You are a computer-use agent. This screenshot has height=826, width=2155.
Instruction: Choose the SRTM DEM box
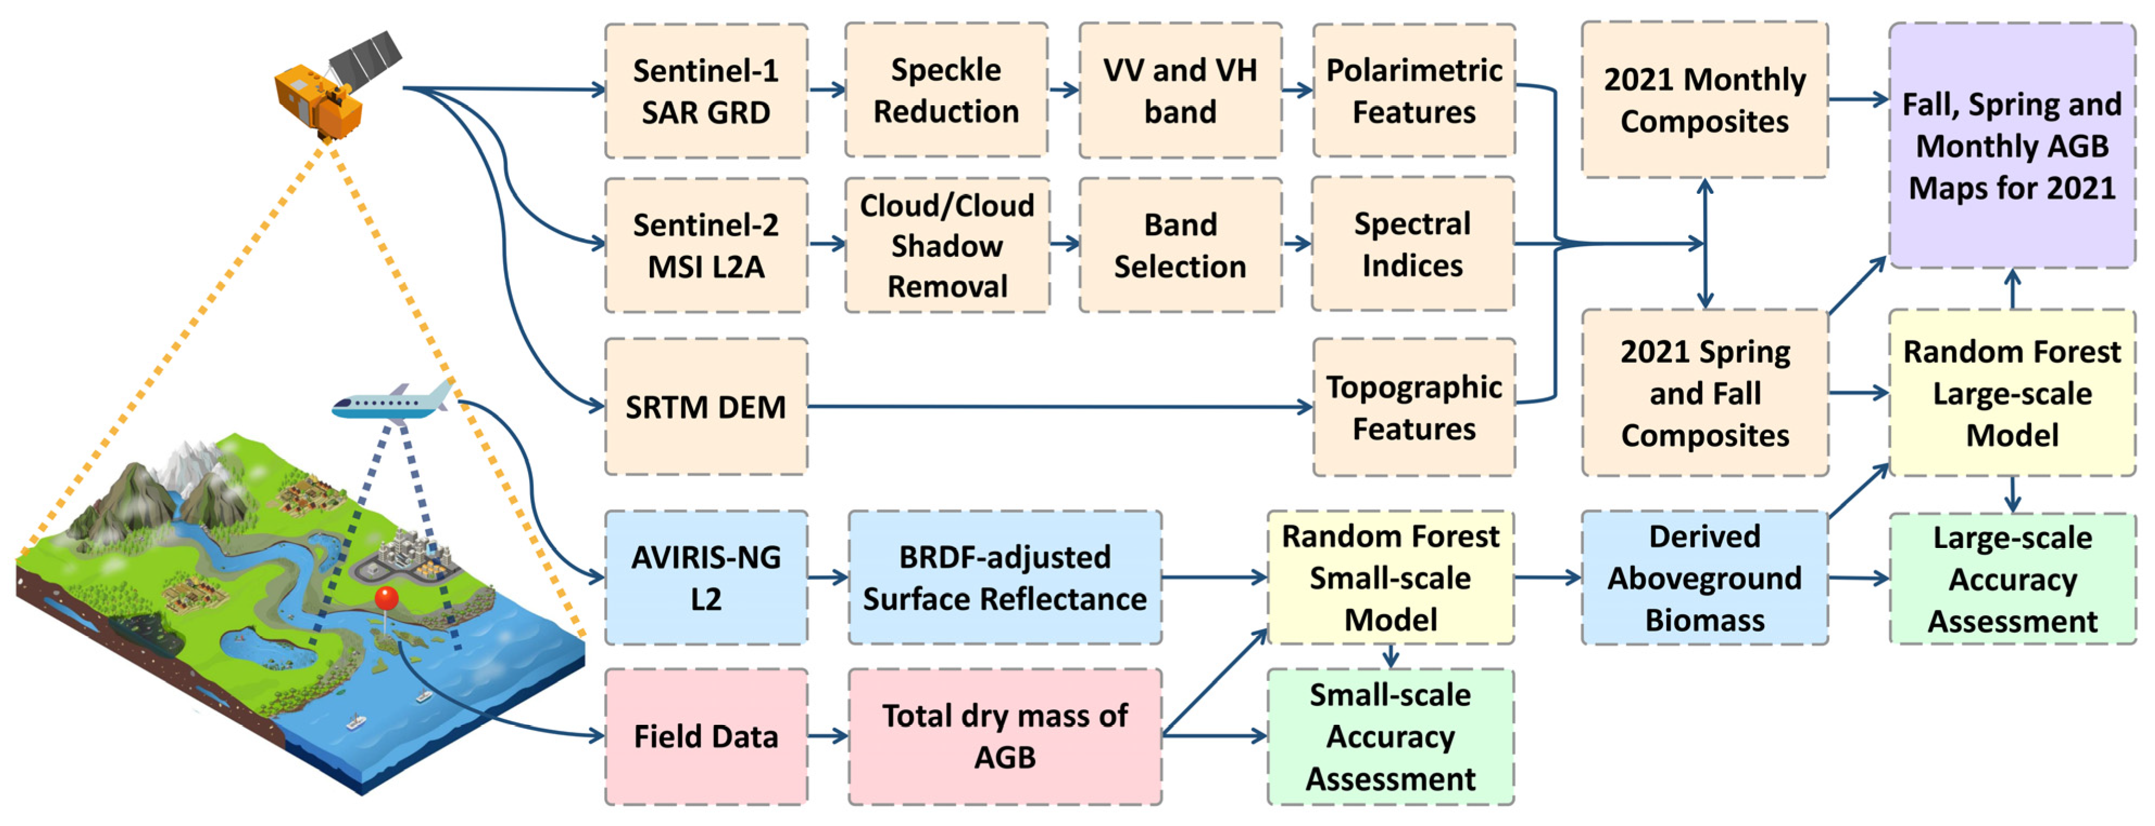tap(705, 407)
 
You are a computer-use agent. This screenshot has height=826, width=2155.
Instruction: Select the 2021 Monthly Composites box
tap(1703, 99)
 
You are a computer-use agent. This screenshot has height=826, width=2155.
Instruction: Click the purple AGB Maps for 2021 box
tap(2011, 146)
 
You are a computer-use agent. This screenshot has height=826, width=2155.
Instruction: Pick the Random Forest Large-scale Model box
tap(2011, 393)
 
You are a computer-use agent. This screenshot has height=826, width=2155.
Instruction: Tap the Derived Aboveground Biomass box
tap(1703, 577)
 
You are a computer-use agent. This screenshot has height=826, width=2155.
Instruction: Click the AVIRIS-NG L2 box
tap(705, 577)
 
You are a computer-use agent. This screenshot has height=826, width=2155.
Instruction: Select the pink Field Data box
tap(705, 736)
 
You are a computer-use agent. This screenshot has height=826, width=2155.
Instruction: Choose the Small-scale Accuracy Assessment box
tap(1390, 736)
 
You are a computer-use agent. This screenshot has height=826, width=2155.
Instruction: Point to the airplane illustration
tap(393, 402)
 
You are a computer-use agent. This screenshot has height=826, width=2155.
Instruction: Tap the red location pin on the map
tap(385, 599)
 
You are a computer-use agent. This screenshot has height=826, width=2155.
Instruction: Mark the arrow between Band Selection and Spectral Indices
tap(1296, 243)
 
